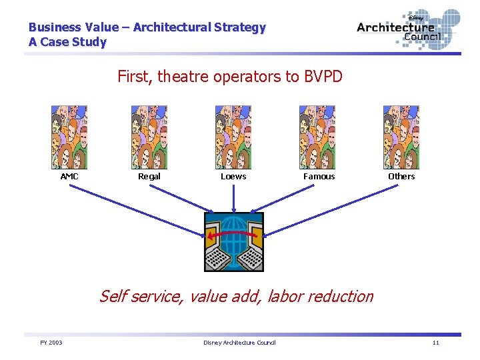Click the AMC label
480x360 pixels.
69,177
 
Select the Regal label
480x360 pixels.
149,177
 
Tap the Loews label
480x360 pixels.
233,177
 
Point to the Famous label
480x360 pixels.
319,177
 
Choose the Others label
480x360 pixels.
401,177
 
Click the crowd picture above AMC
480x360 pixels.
69,137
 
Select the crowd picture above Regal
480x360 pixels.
149,137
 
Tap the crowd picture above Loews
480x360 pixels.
233,137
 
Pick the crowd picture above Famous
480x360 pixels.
317,137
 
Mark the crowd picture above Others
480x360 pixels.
401,137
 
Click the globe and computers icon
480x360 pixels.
233,241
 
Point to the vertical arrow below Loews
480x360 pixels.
233,198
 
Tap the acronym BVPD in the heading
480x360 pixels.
323,77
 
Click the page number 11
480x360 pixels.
435,343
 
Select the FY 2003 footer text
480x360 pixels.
51,343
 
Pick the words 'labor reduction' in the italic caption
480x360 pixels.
320,296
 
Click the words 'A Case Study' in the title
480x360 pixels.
67,42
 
